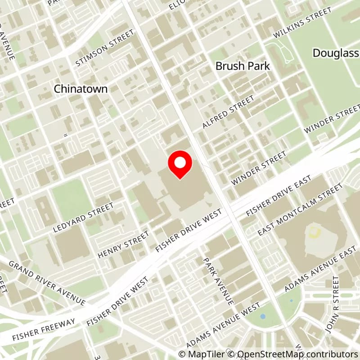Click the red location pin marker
point(180,165)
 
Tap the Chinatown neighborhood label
point(81,89)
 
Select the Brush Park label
point(243,66)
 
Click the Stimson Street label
point(105,48)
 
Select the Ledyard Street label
point(83,218)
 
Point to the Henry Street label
point(123,245)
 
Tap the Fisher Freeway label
point(44,329)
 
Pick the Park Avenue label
point(218,281)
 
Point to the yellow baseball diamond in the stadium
point(314,233)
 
